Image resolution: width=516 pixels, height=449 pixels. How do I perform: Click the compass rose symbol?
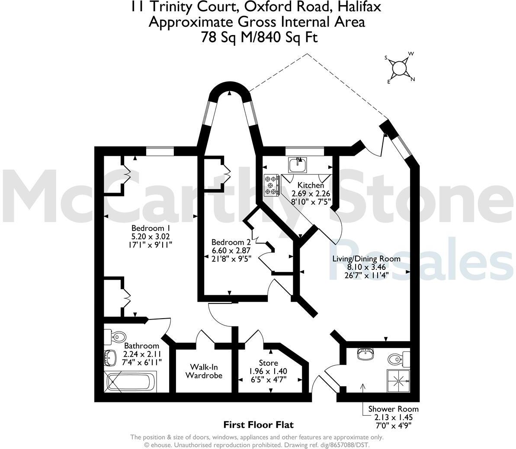tap(400, 68)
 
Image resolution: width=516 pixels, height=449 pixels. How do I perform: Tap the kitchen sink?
tap(298, 164)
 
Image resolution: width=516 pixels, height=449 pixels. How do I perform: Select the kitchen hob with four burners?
tap(271, 185)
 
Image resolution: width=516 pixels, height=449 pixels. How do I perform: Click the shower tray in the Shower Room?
tap(397, 380)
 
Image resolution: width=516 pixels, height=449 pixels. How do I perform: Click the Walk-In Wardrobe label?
tap(204, 371)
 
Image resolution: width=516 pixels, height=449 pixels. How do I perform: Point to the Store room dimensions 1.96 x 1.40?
tap(268, 371)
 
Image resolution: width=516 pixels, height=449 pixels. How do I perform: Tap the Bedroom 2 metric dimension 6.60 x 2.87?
tap(231, 250)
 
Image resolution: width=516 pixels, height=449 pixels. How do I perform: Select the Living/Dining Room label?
tap(366, 259)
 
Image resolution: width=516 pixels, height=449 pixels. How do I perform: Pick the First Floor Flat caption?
tap(258, 425)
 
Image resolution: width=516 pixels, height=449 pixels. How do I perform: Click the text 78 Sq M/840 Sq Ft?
tap(259, 38)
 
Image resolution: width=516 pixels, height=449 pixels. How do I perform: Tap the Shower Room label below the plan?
tap(393, 409)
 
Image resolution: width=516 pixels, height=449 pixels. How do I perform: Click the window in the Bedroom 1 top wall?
tap(160, 151)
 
